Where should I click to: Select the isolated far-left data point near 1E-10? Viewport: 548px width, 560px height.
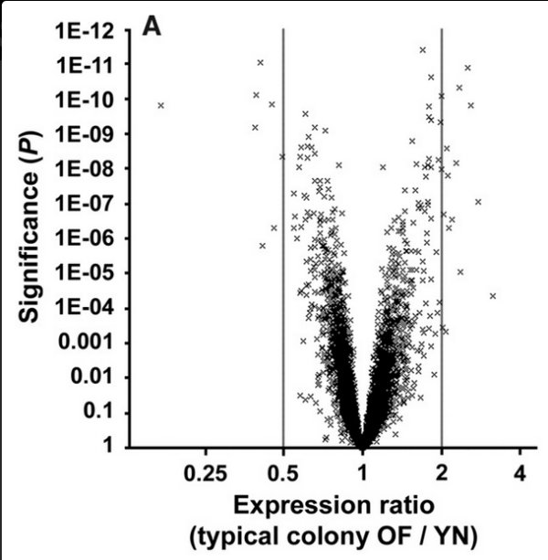coord(161,105)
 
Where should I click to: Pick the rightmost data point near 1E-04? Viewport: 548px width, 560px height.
coord(492,296)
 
